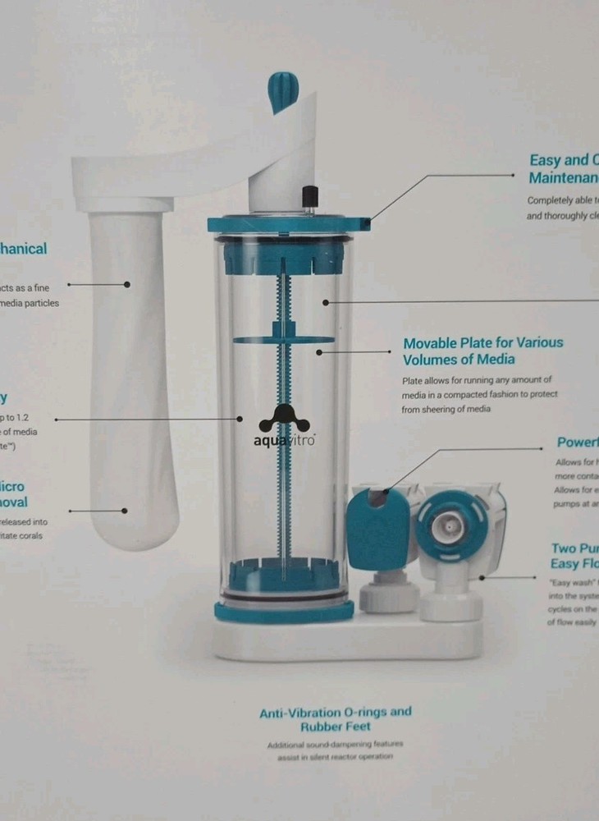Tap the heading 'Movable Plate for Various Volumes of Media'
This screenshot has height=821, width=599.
point(482,351)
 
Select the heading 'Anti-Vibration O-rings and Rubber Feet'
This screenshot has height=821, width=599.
point(335,719)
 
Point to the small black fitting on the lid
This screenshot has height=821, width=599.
point(309,199)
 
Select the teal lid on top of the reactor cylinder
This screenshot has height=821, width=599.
point(287,223)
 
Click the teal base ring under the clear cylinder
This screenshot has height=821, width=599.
point(284,611)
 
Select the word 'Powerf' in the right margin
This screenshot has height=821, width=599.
point(577,443)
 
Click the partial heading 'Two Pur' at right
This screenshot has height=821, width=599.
point(574,556)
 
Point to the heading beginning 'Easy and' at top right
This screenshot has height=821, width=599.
point(563,169)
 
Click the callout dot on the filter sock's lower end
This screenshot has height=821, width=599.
point(124,511)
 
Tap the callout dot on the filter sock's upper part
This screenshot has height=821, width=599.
point(127,284)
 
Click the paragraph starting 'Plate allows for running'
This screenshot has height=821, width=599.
point(479,394)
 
